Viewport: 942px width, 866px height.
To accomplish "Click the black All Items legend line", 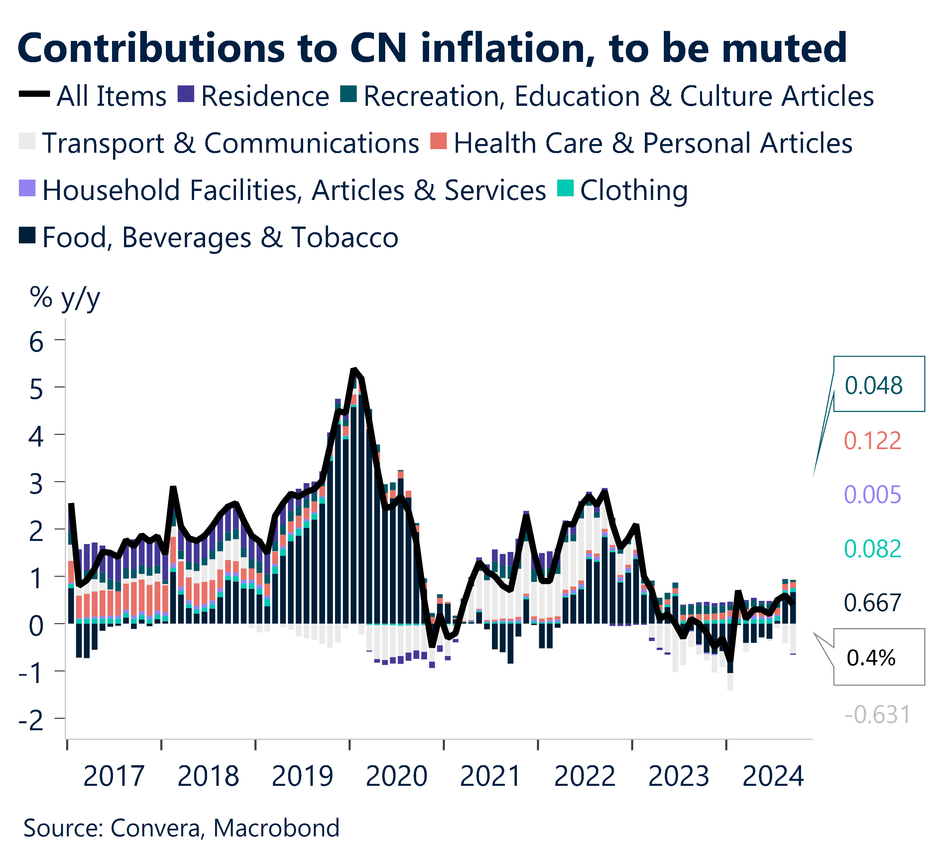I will point(34,94).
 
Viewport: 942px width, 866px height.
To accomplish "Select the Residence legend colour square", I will point(186,94).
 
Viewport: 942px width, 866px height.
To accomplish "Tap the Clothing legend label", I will point(634,190).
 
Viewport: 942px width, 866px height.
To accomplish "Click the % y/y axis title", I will point(64,297).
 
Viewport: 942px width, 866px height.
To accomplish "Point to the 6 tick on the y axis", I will point(37,342).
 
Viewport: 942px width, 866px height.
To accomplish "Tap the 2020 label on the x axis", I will point(396,777).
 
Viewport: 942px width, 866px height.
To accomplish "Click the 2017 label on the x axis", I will point(114,777).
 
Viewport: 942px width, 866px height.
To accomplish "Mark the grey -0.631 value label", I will point(877,715).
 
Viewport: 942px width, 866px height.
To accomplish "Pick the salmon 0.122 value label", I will point(872,440).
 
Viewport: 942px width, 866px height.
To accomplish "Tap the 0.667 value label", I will point(872,603).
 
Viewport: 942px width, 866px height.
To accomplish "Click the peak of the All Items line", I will point(354,370).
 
